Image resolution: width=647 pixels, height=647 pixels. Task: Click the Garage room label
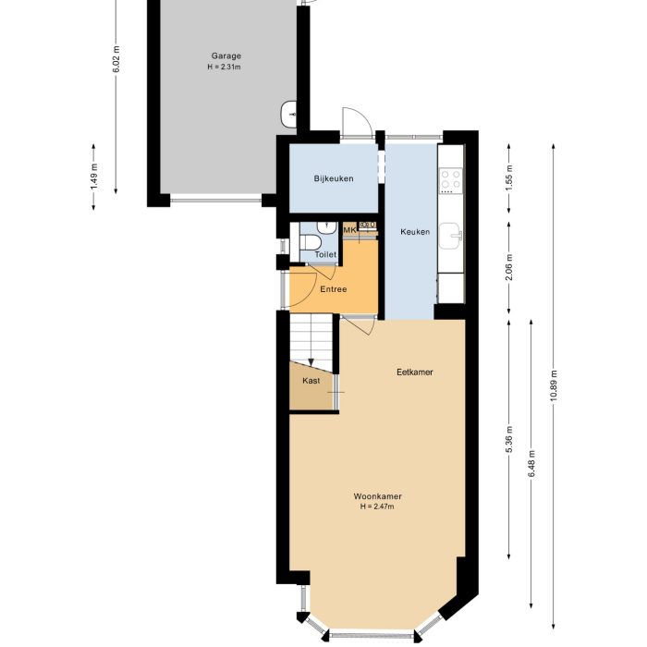(226, 55)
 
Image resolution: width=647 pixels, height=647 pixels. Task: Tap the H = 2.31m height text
(226, 67)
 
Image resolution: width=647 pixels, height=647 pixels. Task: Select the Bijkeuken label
(333, 178)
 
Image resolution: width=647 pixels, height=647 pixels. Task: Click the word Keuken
(415, 232)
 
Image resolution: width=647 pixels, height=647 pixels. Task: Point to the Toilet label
(325, 254)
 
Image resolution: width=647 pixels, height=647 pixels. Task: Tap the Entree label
(333, 290)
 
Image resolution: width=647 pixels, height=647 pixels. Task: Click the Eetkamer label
(415, 372)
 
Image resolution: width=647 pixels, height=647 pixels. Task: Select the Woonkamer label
(377, 496)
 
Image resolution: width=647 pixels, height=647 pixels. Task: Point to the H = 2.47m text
(377, 507)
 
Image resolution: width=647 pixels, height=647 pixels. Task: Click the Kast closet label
(311, 380)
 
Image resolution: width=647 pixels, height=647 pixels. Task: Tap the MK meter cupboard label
(350, 229)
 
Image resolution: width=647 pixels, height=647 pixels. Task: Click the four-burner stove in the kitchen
(451, 178)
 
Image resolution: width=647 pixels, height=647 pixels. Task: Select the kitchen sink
(452, 236)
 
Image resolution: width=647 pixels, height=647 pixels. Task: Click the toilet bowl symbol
(309, 242)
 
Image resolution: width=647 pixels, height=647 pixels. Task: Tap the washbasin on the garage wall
(287, 113)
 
